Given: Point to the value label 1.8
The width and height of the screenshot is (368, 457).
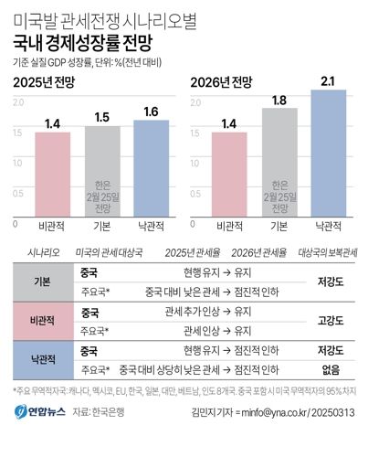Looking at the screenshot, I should [x=279, y=100].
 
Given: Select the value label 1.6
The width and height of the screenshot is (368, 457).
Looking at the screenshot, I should [x=151, y=112].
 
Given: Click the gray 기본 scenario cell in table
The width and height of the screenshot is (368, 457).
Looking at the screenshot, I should [x=41, y=282].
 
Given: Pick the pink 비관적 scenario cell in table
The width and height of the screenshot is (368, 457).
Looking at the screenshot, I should [x=41, y=322].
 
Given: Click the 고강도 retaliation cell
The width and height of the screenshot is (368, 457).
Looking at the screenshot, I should [x=330, y=322].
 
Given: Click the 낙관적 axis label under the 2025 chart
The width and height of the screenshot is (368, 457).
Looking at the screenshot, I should [x=151, y=224].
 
